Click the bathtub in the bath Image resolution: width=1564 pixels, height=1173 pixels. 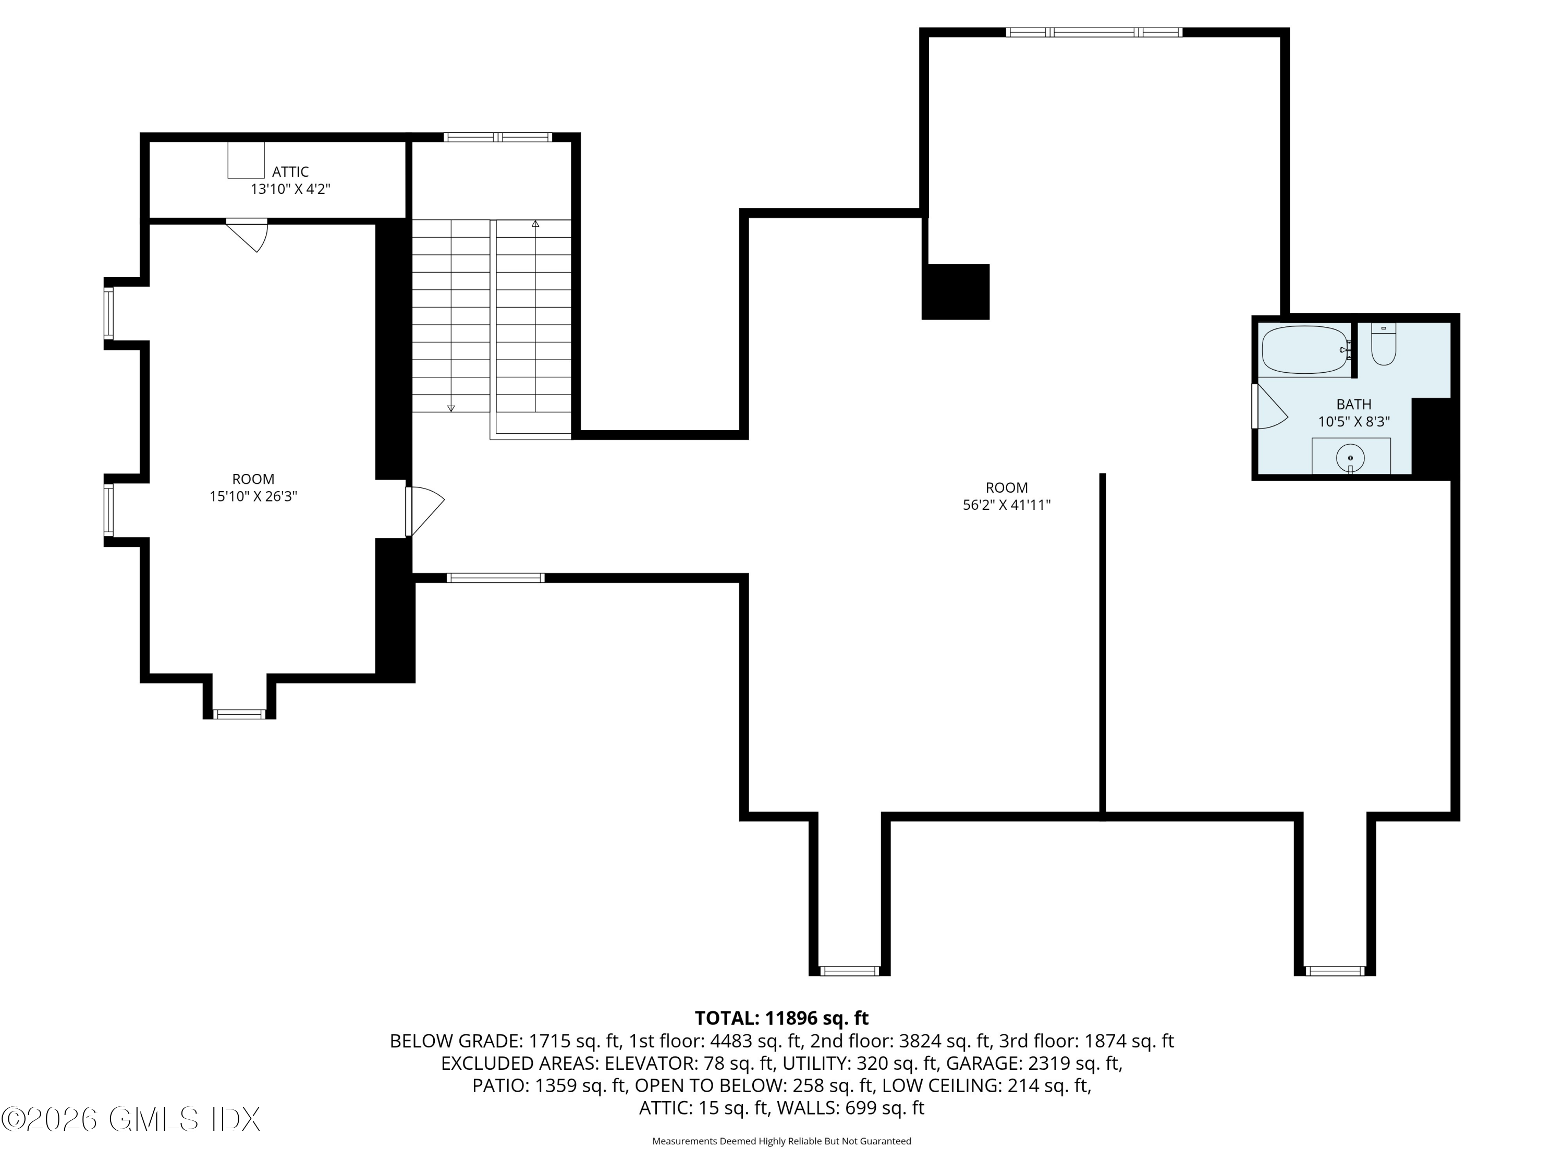[x=1304, y=349]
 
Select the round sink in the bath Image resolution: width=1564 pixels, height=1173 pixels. [x=1350, y=457]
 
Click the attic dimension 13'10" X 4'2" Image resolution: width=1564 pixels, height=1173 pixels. [x=290, y=189]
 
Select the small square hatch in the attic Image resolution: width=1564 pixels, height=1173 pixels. [x=246, y=160]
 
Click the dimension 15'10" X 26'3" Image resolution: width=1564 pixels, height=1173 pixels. [x=253, y=496]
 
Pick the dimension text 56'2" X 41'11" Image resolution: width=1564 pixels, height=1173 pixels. [x=1006, y=505]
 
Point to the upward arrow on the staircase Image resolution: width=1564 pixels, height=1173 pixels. [x=535, y=224]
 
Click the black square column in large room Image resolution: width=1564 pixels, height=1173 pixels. [x=955, y=291]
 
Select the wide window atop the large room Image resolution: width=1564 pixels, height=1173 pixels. [x=1093, y=32]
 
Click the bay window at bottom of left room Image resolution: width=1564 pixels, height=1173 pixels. [x=239, y=714]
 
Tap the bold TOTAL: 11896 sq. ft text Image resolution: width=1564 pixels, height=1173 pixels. [x=781, y=1018]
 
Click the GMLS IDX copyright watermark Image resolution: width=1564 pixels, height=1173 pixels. [x=131, y=1119]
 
